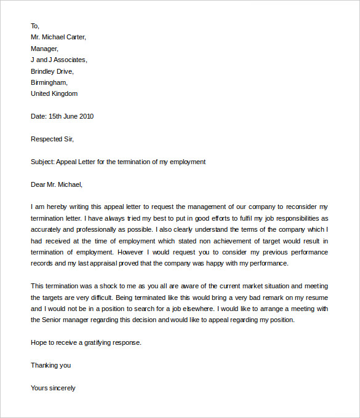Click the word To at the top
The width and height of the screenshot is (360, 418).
click(x=34, y=26)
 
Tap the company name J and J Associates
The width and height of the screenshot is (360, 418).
click(x=58, y=60)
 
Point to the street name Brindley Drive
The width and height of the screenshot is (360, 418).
click(x=52, y=71)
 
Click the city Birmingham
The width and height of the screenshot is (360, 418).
click(x=49, y=82)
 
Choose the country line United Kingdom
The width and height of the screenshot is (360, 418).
click(x=54, y=93)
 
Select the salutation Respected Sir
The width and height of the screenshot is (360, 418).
click(x=52, y=139)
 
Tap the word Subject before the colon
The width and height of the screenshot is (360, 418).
click(x=42, y=162)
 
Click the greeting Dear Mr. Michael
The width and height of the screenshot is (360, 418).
click(x=56, y=184)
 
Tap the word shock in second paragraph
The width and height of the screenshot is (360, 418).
click(x=105, y=286)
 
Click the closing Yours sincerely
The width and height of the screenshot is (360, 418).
click(x=53, y=388)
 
